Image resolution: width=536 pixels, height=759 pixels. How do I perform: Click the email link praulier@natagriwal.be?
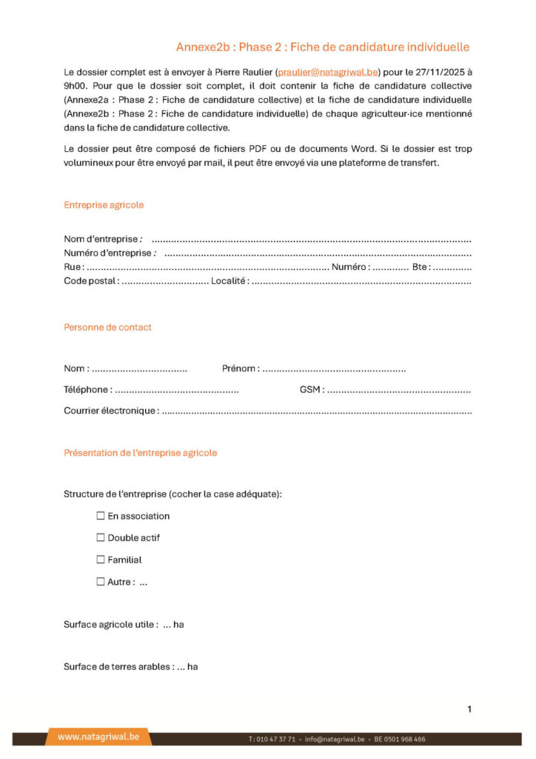pos(327,73)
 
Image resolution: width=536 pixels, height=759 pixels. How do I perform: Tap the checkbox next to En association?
pos(101,516)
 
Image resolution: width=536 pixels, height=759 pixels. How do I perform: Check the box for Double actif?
pos(101,537)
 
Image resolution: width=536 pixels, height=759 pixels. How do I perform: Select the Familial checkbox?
pos(101,560)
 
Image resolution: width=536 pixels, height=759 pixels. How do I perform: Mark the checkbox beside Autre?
pos(101,582)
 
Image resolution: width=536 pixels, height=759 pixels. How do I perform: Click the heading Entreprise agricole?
pos(104,205)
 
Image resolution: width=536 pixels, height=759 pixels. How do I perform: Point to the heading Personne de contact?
pos(107,327)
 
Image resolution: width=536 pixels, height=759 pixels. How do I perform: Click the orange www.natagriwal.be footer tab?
pos(98,737)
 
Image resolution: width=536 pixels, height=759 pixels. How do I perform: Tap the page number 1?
pos(469,709)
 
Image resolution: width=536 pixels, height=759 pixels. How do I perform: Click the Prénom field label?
pos(240,368)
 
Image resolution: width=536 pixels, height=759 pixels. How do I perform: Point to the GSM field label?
pos(310,390)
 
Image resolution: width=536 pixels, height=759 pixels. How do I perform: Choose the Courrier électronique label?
pos(110,411)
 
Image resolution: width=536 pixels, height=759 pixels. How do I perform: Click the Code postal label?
pos(90,282)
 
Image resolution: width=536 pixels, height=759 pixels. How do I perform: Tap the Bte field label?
pos(420,267)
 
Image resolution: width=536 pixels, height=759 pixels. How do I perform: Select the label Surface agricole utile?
pos(110,624)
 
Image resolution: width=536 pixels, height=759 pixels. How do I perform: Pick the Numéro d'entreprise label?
pos(108,253)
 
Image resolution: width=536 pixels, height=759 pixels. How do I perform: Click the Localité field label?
pos(229,282)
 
